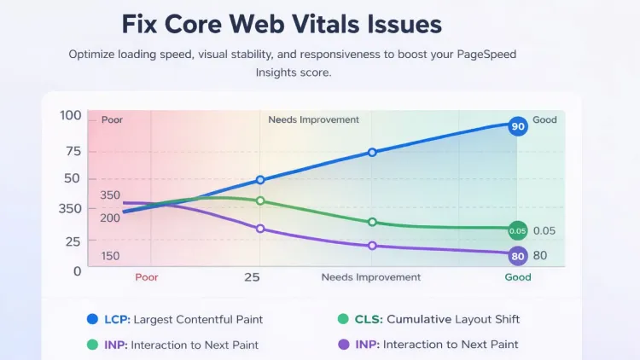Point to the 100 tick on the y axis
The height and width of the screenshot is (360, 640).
pyautogui.click(x=71, y=116)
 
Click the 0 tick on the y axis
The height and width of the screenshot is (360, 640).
pyautogui.click(x=78, y=270)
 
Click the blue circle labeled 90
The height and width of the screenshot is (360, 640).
pyautogui.click(x=517, y=126)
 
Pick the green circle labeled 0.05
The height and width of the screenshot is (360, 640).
pyautogui.click(x=517, y=230)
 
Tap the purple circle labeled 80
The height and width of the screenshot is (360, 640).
pyautogui.click(x=517, y=255)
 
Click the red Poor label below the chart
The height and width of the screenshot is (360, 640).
pyautogui.click(x=147, y=277)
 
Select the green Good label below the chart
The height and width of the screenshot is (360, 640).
pyautogui.click(x=518, y=277)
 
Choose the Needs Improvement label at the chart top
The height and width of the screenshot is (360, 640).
pyautogui.click(x=313, y=119)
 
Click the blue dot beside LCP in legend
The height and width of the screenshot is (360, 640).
pyautogui.click(x=92, y=319)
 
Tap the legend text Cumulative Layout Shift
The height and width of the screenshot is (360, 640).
pyautogui.click(x=453, y=319)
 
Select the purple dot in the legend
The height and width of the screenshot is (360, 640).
pyautogui.click(x=343, y=345)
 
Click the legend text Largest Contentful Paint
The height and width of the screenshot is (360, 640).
pyautogui.click(x=198, y=319)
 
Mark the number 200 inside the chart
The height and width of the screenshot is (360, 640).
pyautogui.click(x=110, y=218)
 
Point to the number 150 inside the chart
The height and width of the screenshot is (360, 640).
pyautogui.click(x=110, y=256)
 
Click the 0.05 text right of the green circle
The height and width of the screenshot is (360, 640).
pyautogui.click(x=544, y=230)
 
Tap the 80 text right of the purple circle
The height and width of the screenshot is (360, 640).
pyautogui.click(x=540, y=255)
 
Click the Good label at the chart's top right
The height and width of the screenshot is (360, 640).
pyautogui.click(x=544, y=119)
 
